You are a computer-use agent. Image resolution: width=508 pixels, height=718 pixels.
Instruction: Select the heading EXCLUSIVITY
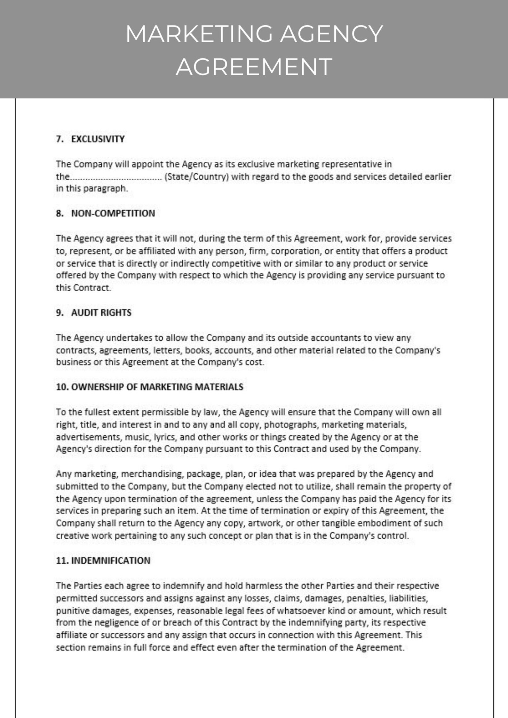pos(98,139)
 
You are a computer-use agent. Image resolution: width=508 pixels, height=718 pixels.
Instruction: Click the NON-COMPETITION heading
pos(113,213)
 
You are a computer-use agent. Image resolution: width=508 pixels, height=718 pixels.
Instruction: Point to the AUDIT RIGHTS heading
pos(101,313)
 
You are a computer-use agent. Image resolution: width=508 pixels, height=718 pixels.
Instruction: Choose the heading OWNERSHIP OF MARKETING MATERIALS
pos(157,387)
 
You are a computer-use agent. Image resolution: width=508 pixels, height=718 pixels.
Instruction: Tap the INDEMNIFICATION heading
pos(110,560)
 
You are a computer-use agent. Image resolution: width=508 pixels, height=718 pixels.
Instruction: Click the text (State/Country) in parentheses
pos(196,177)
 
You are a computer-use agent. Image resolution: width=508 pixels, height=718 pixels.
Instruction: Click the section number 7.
pos(59,139)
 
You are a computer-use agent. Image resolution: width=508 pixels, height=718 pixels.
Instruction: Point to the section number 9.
pos(59,313)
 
